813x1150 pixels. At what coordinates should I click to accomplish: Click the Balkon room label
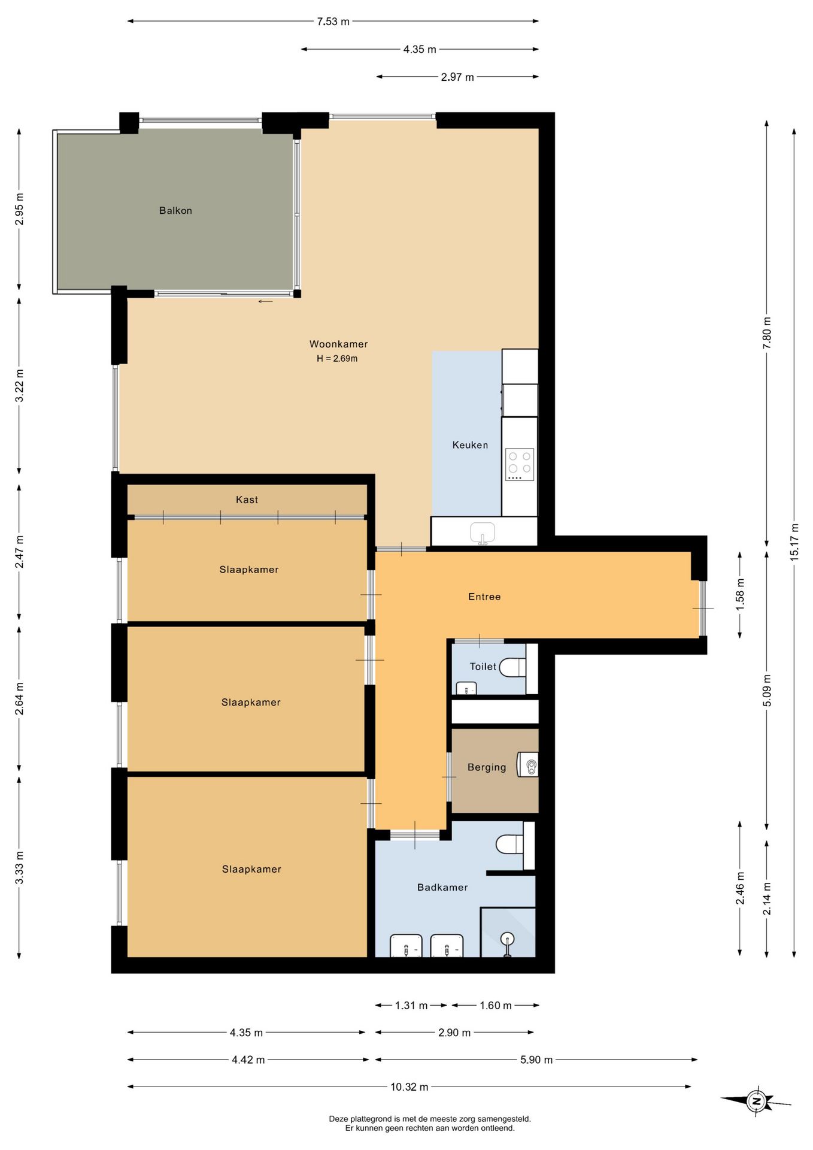click(x=175, y=210)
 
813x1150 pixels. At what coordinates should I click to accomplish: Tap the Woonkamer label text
click(x=338, y=344)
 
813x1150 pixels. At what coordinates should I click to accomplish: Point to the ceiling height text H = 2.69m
click(x=337, y=358)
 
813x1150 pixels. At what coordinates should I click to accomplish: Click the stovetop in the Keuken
click(x=519, y=464)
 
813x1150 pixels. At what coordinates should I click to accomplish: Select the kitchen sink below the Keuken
click(x=483, y=532)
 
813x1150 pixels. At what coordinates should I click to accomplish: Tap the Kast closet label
click(x=247, y=500)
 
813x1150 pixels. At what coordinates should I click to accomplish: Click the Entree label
click(x=484, y=597)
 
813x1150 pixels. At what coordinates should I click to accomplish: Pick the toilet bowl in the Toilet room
click(x=512, y=667)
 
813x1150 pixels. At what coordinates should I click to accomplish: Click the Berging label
click(x=487, y=767)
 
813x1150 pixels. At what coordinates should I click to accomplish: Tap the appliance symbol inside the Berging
click(x=529, y=765)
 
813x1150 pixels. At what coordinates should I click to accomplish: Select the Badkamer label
click(x=442, y=887)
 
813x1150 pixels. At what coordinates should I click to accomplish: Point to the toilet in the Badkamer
click(x=510, y=845)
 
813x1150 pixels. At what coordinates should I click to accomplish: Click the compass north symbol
click(x=756, y=1100)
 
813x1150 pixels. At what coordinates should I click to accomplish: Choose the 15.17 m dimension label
click(x=794, y=542)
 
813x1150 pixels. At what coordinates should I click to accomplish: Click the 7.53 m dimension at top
click(x=333, y=22)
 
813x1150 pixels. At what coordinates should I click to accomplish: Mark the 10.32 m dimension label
click(x=409, y=1087)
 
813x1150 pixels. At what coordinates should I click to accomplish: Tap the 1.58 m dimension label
click(x=740, y=595)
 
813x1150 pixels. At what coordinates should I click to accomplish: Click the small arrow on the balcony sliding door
click(x=265, y=301)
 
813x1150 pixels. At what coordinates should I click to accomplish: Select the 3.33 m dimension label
click(x=19, y=867)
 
